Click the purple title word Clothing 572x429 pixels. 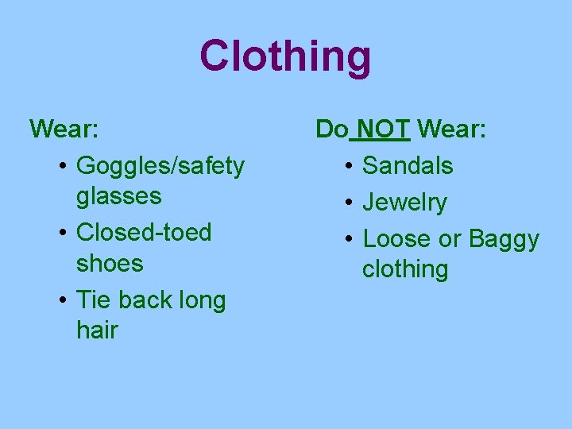pos(285,57)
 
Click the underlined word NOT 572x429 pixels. pos(384,128)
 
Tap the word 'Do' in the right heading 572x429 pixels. pos(331,128)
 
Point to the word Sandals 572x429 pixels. pos(408,165)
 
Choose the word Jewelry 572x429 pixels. pos(404,203)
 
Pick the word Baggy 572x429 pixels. pos(504,239)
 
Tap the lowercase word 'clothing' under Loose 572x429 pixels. pos(405,269)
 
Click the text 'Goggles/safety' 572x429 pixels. pos(160,166)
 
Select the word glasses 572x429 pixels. pos(118,195)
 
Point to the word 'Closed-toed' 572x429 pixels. pos(144,233)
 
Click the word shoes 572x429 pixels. pos(110,263)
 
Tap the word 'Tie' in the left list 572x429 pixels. pos(91,300)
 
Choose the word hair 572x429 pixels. pos(97,330)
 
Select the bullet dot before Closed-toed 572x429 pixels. pos(63,234)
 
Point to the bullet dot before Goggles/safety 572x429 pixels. pos(63,167)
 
